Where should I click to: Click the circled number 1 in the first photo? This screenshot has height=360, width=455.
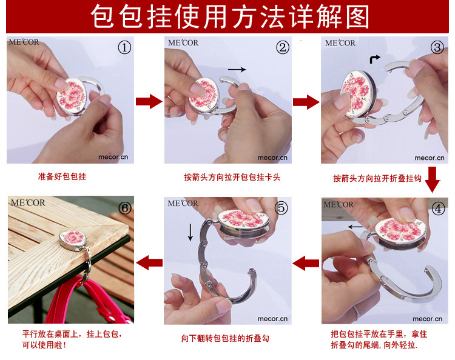pos(124,47)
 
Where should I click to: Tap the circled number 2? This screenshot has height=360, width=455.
pos(283,47)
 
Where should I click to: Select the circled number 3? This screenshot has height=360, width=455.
pos(437,47)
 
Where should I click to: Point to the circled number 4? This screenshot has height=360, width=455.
pos(438,208)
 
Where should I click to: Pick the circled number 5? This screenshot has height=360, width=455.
pos(281,208)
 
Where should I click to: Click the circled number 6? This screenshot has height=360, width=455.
pos(125,208)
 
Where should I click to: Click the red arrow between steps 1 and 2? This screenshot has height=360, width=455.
pos(149,101)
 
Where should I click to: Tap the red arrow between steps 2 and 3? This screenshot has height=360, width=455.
pos(306,102)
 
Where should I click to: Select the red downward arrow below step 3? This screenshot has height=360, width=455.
pos(433,179)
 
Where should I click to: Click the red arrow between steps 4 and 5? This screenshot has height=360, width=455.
pos(306,263)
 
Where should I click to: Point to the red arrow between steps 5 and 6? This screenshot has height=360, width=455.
pos(149,262)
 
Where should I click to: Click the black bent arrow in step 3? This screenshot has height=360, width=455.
pos(375,59)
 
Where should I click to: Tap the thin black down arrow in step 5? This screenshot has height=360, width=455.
pos(190,232)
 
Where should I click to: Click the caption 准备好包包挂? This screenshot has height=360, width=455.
pos(62,176)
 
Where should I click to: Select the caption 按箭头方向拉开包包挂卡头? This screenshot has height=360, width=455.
pos(232,177)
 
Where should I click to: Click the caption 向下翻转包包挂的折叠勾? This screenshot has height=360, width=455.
pos(225,338)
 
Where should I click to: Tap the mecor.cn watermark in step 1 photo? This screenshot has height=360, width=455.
pos(113,157)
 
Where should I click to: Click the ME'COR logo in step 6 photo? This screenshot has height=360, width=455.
pos(28,202)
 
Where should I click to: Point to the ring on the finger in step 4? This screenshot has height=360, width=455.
pos(356,312)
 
